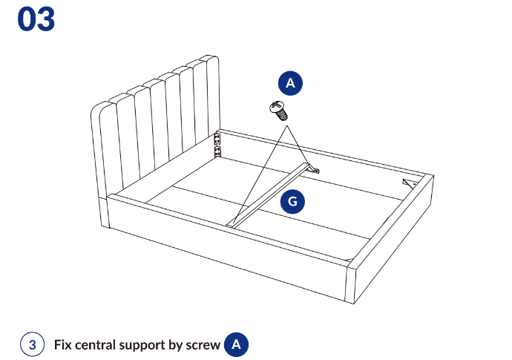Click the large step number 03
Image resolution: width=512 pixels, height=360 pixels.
[36, 19]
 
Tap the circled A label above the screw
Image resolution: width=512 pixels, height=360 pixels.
[290, 83]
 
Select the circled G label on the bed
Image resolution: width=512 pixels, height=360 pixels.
[292, 202]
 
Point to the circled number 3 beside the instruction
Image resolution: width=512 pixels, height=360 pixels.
[33, 344]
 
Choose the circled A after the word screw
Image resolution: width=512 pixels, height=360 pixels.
[236, 344]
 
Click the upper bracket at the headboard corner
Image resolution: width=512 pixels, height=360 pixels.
[217, 139]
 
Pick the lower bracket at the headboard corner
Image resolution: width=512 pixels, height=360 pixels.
[217, 151]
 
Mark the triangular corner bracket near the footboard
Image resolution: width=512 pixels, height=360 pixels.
[409, 183]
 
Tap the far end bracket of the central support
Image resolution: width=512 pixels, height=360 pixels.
[313, 169]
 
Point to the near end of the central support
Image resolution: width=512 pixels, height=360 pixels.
[231, 223]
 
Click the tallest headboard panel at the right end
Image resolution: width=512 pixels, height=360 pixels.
[212, 98]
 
